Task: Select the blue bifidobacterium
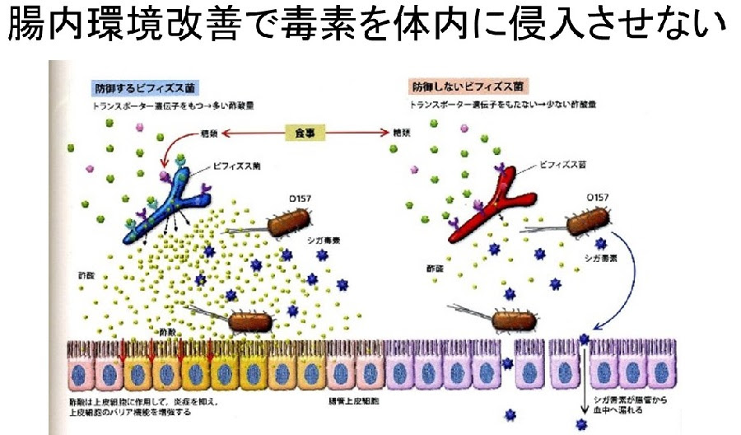(169, 206)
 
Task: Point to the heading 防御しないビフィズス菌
(468, 86)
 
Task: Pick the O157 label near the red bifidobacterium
(584, 199)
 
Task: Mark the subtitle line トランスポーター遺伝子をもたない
(478, 105)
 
